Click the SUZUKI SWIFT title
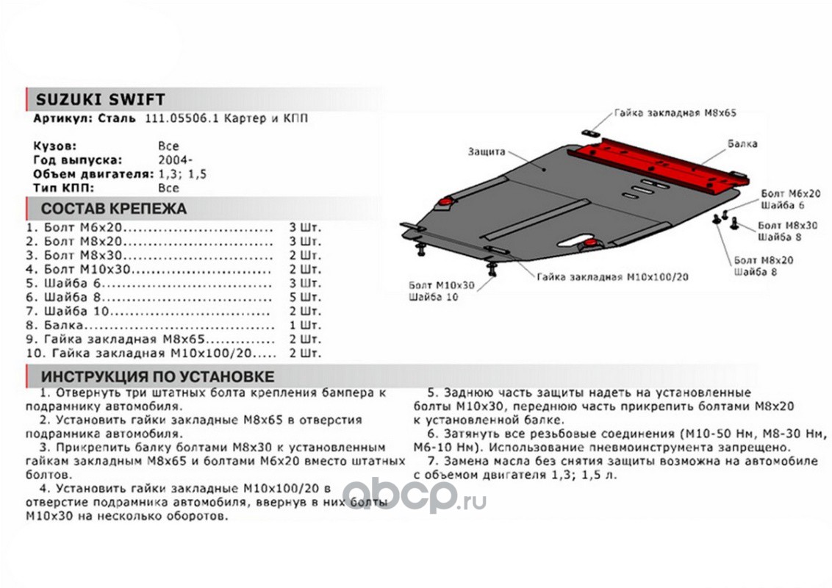click(101, 100)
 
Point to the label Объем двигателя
click(93, 173)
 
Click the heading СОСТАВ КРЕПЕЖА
click(114, 208)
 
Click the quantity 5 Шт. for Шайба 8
click(306, 297)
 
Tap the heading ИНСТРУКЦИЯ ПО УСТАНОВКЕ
click(158, 376)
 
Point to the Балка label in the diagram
click(742, 144)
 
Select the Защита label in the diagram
click(486, 151)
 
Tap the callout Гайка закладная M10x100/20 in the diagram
click(613, 277)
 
